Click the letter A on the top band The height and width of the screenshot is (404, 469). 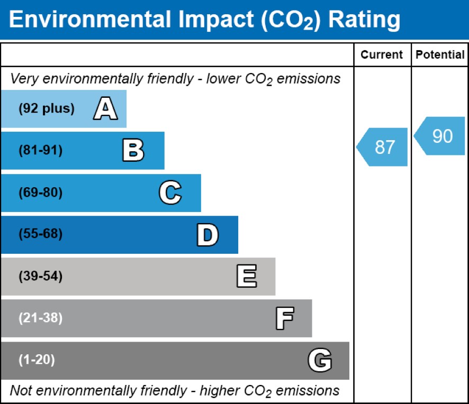click(105, 109)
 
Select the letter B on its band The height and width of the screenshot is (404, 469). click(133, 151)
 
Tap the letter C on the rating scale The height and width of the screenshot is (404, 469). click(170, 192)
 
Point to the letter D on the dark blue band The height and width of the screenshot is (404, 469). click(208, 235)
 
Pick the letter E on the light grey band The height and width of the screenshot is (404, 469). click(247, 277)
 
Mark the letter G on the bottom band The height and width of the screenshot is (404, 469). click(320, 361)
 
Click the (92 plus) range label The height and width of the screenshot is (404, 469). click(47, 109)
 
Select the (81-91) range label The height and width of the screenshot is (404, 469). click(41, 151)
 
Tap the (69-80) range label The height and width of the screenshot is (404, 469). click(41, 192)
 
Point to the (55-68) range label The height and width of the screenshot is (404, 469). click(41, 234)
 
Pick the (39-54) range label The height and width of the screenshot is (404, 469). click(41, 276)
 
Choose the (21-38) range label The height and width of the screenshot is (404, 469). click(41, 318)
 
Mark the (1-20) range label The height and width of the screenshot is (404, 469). click(37, 360)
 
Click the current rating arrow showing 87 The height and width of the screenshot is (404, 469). click(383, 147)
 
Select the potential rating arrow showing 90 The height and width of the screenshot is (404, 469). click(440, 136)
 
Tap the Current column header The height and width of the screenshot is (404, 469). click(382, 55)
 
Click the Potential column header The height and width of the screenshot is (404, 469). click(440, 55)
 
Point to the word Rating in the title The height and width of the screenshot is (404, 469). click(364, 20)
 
